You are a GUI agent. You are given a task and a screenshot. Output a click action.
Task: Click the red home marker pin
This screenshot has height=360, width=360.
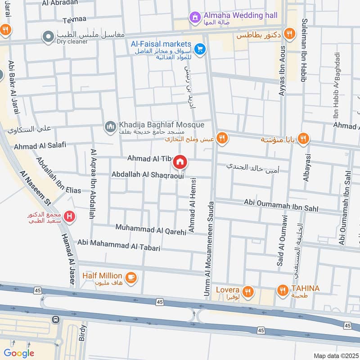pos(180,162)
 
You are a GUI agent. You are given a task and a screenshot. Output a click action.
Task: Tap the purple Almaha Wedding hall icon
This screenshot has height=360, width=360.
pos(195,17)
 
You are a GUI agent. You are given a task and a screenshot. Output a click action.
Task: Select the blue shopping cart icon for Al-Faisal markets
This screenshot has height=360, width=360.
pos(201,49)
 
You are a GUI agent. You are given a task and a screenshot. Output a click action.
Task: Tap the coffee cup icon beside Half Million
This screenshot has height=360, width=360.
pos(131,278)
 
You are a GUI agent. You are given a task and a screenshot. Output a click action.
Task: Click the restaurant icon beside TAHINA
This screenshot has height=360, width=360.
pos(282,290)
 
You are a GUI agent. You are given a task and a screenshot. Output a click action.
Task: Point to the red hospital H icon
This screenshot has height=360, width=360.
pos(69,217)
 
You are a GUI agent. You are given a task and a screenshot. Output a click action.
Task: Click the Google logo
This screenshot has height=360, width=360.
pos(19,353)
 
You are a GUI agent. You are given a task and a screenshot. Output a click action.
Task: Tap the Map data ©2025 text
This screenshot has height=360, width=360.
pos(335,355)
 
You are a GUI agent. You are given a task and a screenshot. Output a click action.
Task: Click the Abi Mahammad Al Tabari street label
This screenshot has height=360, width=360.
pos(119,245)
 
